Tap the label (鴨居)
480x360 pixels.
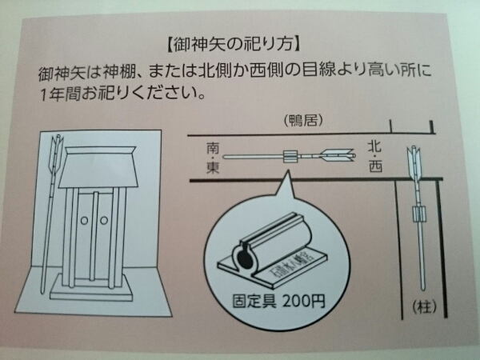pyautogui.click(x=302, y=122)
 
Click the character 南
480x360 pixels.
pyautogui.click(x=213, y=148)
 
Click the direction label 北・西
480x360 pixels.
pyautogui.click(x=375, y=157)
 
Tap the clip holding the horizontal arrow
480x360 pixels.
pyautogui.click(x=290, y=156)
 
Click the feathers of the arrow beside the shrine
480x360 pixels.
pyautogui.click(x=57, y=151)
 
